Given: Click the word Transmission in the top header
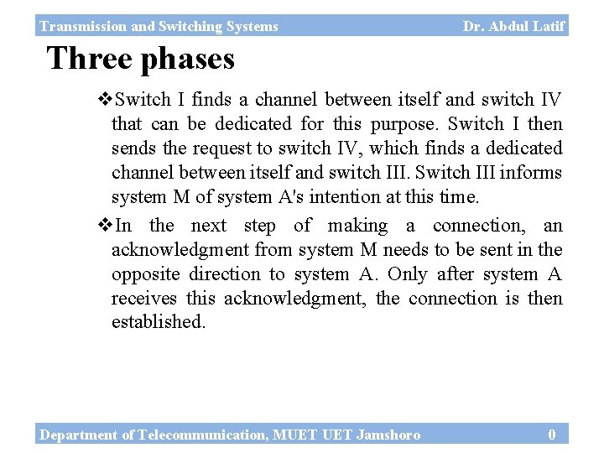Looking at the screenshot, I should click(x=81, y=26).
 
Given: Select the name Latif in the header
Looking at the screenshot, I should click(x=548, y=26).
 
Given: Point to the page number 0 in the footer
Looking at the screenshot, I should click(x=551, y=434).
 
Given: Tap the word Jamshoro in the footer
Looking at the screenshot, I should click(x=388, y=435).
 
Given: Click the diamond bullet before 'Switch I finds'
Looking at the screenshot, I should click(x=106, y=101).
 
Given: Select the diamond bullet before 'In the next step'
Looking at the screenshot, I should click(x=106, y=226).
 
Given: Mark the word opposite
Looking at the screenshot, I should click(x=144, y=274).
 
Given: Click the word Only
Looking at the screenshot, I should click(x=408, y=274).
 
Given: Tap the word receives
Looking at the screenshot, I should click(x=145, y=299).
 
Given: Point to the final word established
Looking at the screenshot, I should click(x=158, y=322).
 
